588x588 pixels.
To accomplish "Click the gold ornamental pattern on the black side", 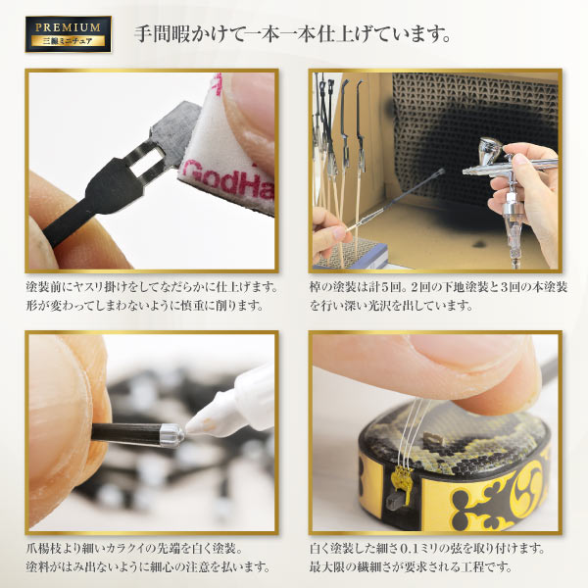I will point(490,500).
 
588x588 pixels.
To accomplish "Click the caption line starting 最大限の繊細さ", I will point(412,568).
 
